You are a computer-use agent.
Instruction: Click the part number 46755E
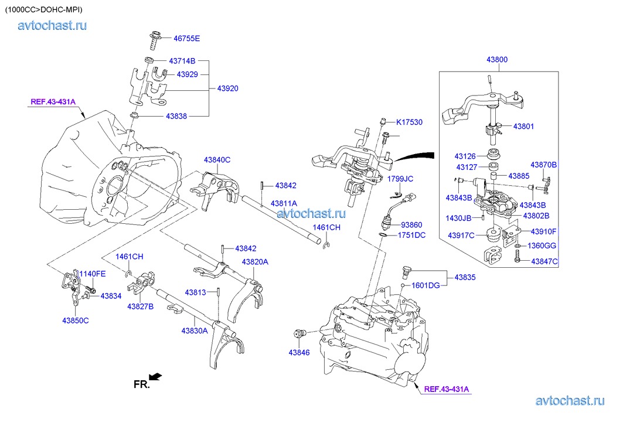186,39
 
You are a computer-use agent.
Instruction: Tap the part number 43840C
217,159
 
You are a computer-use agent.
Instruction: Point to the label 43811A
284,203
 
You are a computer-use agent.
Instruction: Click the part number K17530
409,122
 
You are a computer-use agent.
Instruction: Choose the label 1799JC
400,179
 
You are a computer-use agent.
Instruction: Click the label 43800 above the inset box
496,60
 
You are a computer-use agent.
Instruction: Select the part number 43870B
544,165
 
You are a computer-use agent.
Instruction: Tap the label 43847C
544,261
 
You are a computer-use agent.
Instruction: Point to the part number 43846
299,352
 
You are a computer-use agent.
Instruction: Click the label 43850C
76,320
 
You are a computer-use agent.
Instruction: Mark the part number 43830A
195,331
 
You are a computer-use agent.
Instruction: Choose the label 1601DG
425,285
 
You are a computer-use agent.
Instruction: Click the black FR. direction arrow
155,377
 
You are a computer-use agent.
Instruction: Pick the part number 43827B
141,306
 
